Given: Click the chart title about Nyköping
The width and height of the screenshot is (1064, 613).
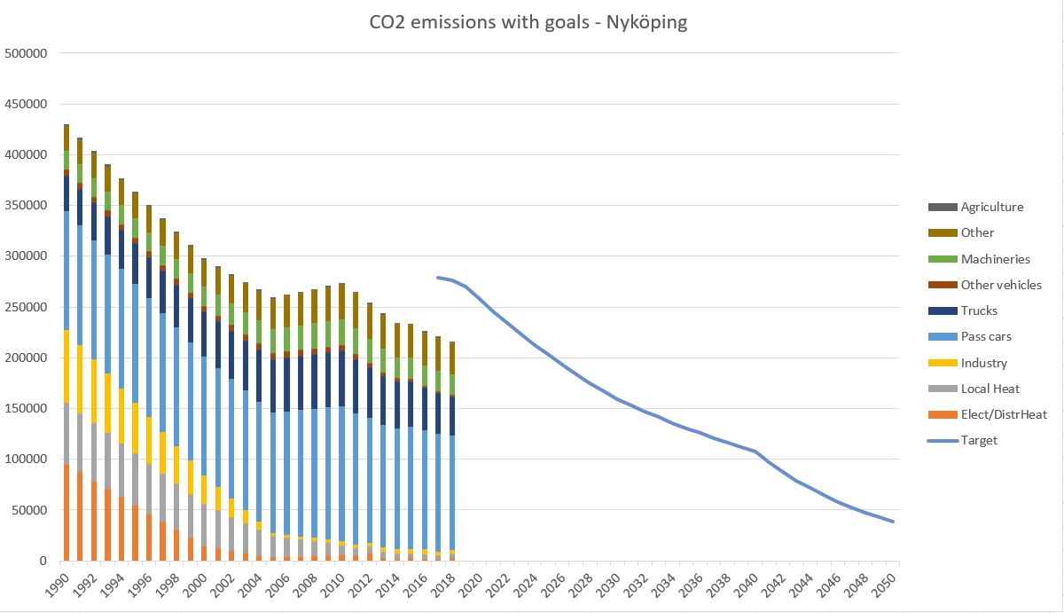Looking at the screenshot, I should click(528, 22).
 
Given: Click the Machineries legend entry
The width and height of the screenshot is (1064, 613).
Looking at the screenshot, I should click(995, 259).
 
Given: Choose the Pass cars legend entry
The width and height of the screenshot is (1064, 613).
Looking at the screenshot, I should click(986, 337).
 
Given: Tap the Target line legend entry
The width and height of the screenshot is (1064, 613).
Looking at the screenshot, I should click(979, 440).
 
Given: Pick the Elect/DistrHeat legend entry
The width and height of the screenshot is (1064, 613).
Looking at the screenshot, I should click(1003, 414).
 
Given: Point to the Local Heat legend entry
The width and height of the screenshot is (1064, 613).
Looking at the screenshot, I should click(990, 389).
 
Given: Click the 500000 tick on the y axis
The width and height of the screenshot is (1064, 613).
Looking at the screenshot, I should click(27, 53).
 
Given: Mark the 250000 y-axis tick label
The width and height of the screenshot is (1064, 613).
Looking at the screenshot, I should click(27, 307).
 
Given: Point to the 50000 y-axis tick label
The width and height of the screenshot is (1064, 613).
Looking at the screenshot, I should click(30, 510).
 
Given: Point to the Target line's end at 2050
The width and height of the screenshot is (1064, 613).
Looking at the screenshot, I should click(894, 522).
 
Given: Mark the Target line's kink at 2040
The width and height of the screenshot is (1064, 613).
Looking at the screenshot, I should click(755, 452).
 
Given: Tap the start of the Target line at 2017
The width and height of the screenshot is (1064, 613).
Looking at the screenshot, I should click(438, 277).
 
